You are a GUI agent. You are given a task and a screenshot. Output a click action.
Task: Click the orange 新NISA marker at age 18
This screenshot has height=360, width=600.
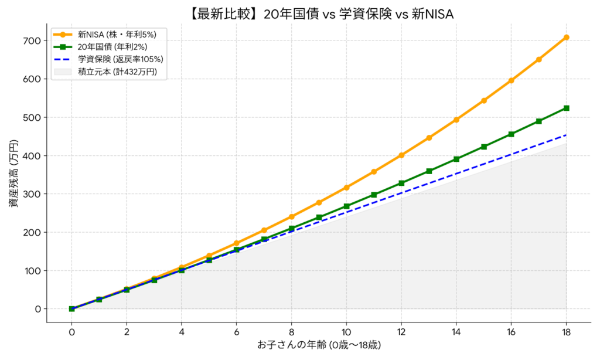click(566, 38)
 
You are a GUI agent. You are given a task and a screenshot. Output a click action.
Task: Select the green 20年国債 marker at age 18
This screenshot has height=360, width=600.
click(566, 108)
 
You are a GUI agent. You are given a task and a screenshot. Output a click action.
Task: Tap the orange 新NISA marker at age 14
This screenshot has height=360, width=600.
click(456, 120)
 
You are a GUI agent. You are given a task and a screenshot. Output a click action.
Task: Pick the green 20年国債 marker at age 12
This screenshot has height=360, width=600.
click(401, 183)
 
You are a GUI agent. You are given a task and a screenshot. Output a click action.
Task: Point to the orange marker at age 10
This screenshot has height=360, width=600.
click(346, 188)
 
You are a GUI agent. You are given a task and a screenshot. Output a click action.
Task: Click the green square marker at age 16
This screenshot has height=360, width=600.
click(511, 134)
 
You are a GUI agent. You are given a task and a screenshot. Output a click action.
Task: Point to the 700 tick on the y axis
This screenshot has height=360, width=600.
click(32, 40)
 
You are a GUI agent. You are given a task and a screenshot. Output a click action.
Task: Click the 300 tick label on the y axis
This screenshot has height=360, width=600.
click(32, 194)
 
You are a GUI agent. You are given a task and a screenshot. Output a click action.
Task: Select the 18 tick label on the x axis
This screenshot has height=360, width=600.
click(566, 332)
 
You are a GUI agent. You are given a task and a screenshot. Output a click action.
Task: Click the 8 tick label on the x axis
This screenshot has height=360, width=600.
click(291, 332)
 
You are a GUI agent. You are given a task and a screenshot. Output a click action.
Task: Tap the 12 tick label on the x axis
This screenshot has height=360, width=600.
click(401, 332)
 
